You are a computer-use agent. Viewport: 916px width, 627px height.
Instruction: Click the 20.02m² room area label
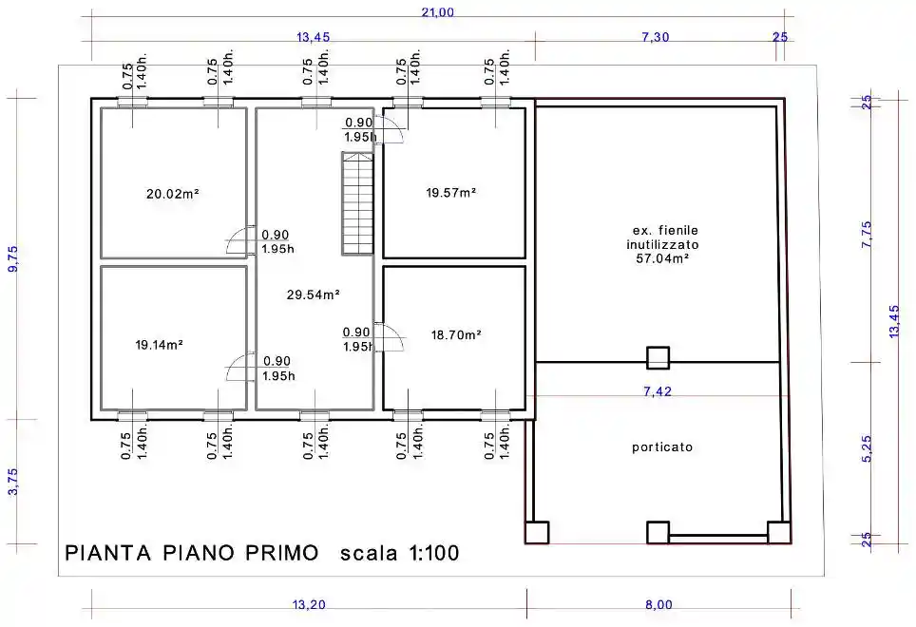(x=173, y=193)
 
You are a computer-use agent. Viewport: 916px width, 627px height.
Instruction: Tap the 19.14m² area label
(x=160, y=345)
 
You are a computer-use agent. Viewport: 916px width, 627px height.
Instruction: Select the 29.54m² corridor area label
(x=314, y=294)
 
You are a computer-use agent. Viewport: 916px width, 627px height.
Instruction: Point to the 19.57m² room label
(x=451, y=193)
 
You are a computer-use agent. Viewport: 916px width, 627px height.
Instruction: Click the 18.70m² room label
(x=456, y=335)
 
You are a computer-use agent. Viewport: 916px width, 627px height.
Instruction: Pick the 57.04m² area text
(x=662, y=258)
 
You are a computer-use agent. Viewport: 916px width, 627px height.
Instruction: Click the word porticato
(x=662, y=447)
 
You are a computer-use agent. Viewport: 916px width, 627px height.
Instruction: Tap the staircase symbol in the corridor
(x=357, y=203)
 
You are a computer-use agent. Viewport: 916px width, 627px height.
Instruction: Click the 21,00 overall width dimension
(x=437, y=12)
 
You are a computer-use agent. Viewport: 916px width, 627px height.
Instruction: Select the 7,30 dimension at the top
(x=656, y=37)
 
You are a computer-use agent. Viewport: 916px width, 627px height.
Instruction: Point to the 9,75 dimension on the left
(x=13, y=258)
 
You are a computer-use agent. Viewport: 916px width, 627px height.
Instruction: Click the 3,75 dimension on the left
(x=13, y=482)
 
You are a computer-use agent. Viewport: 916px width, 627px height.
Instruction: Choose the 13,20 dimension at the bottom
(x=309, y=605)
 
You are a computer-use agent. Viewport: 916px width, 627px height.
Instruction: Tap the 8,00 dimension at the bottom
(x=658, y=605)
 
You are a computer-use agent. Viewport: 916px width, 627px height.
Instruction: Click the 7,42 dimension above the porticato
(x=658, y=391)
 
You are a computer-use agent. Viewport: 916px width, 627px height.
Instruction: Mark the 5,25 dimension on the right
(x=867, y=449)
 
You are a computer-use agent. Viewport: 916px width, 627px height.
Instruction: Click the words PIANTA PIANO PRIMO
(x=192, y=553)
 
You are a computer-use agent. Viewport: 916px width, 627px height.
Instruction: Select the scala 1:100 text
(x=400, y=553)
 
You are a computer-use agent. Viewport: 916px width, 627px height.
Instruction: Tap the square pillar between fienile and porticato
(x=658, y=358)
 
